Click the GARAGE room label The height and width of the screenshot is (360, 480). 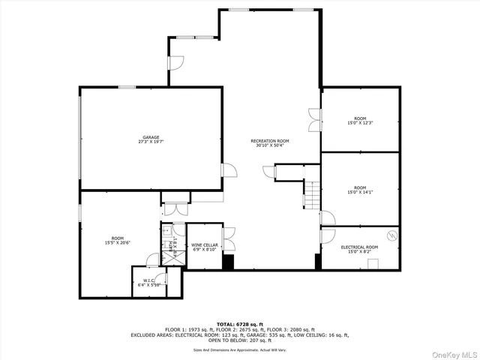point(151,137)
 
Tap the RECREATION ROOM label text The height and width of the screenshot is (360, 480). point(270,141)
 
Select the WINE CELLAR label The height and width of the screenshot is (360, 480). point(205,245)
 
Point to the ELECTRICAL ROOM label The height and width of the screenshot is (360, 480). point(359,247)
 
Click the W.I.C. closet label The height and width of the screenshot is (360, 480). point(148,281)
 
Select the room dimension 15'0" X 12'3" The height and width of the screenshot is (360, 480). point(360,122)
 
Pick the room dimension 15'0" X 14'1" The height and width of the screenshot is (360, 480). point(360,192)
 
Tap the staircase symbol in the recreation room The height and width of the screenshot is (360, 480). point(312,196)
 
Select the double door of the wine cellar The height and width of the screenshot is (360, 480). point(230,239)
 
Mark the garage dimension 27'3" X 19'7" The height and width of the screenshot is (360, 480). point(151,142)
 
